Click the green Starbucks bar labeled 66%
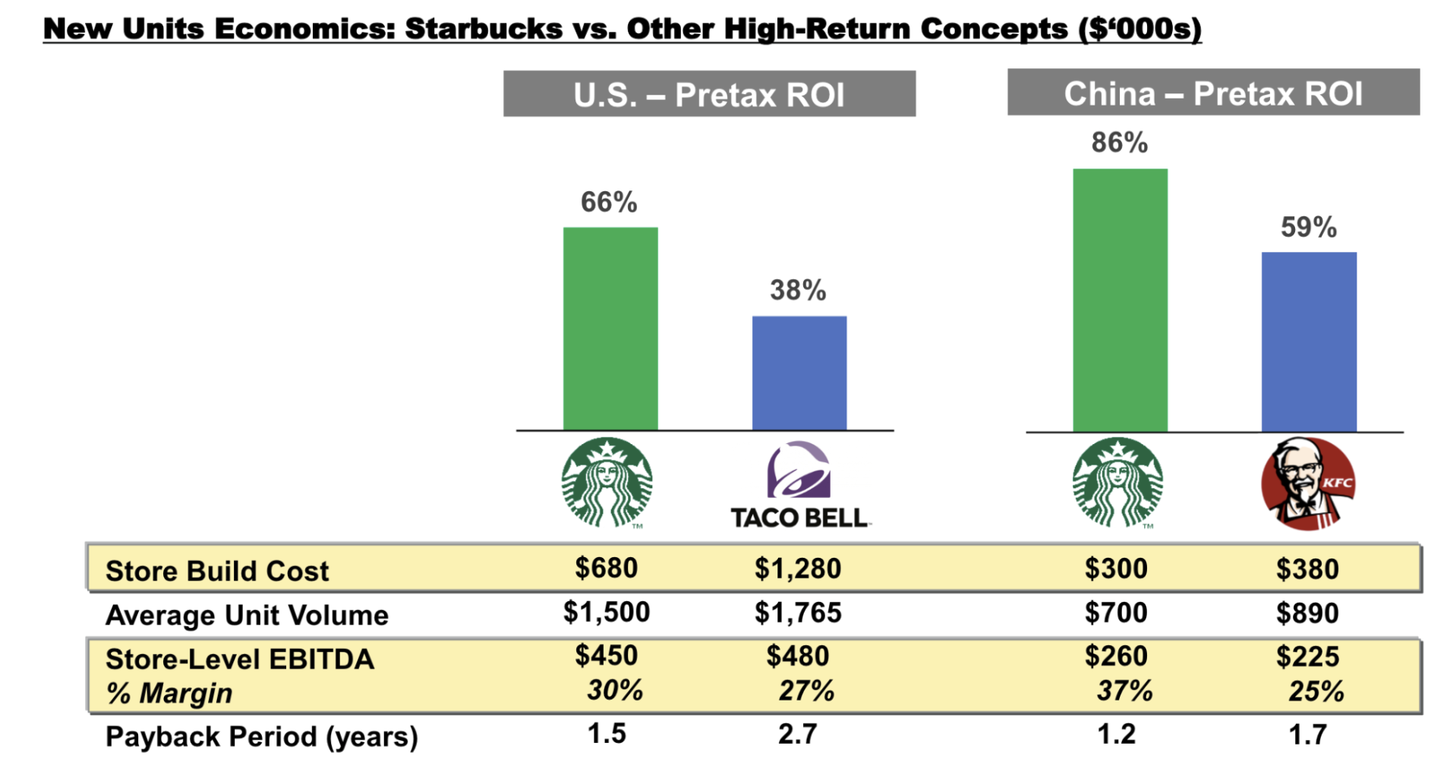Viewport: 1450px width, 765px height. click(x=610, y=329)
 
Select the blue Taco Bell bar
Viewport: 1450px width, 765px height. click(x=799, y=373)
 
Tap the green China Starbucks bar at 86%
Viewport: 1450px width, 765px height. click(x=1120, y=300)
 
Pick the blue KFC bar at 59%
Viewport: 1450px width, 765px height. click(x=1309, y=342)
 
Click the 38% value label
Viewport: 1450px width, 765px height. click(x=798, y=290)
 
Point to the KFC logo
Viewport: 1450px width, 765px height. click(x=1307, y=483)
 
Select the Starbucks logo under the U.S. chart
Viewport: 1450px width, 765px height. click(x=607, y=483)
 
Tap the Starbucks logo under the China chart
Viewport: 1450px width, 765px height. click(x=1117, y=483)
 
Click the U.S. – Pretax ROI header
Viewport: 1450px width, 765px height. click(x=709, y=94)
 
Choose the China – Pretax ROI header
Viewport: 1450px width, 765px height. click(x=1213, y=93)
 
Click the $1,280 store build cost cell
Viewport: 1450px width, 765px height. click(x=797, y=568)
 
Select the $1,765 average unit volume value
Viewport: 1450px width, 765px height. click(x=797, y=612)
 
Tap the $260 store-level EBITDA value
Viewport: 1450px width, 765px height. click(x=1116, y=656)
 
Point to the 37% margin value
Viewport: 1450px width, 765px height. click(x=1124, y=691)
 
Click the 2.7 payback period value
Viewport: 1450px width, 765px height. click(x=797, y=734)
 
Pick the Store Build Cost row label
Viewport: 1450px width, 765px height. click(x=217, y=571)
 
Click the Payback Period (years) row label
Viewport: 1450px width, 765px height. click(x=262, y=736)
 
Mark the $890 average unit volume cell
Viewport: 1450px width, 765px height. click(x=1307, y=612)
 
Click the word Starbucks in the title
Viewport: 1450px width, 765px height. click(x=484, y=29)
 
